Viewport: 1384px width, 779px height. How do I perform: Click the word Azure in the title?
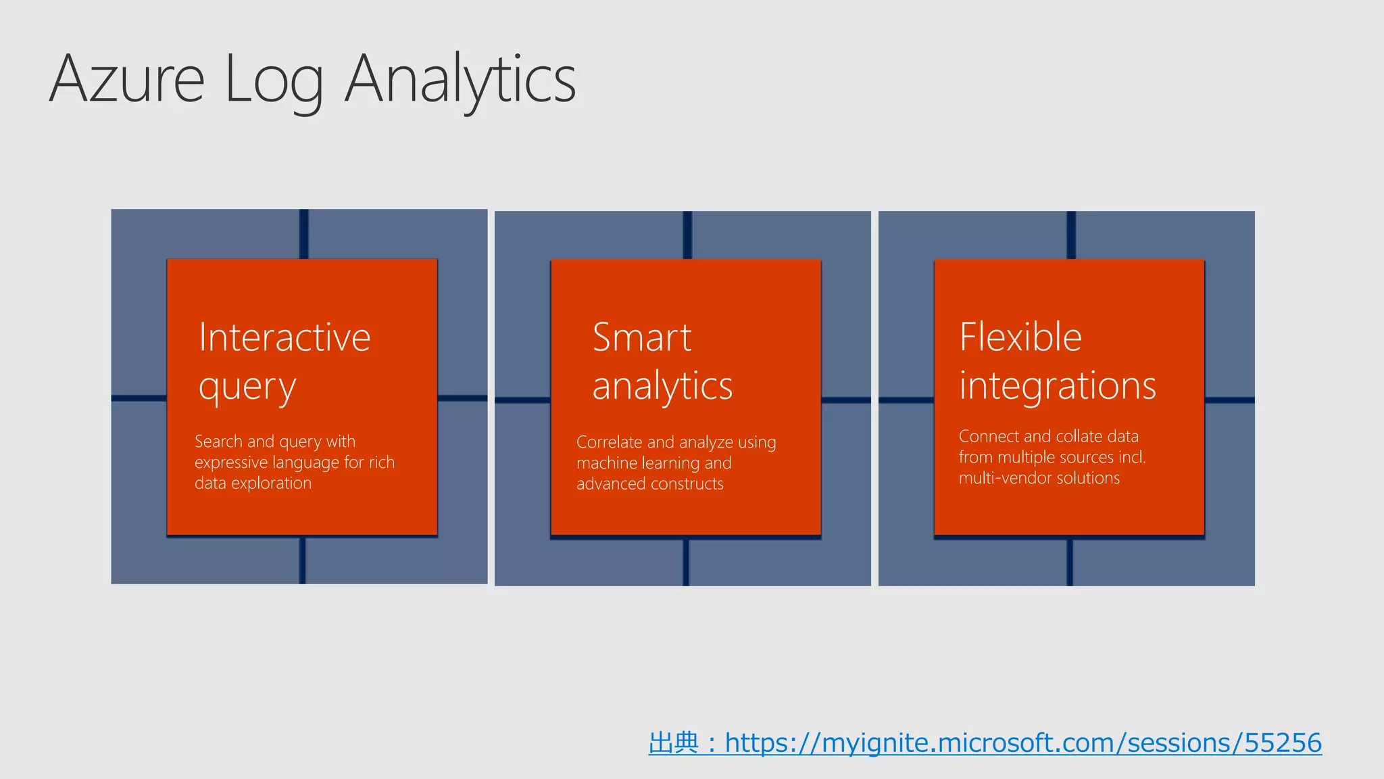point(126,80)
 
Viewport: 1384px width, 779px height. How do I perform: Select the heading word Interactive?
point(285,337)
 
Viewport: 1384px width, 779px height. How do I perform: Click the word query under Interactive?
point(247,388)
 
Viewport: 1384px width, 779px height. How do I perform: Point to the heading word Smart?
point(641,337)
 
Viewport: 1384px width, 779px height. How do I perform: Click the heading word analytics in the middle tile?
point(662,387)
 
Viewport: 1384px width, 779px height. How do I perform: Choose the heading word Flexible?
point(1020,337)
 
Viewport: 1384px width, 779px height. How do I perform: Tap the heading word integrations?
point(1058,387)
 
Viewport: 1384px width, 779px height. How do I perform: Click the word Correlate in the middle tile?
point(609,442)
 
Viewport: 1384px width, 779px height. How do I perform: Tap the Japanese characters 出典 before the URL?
point(673,743)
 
